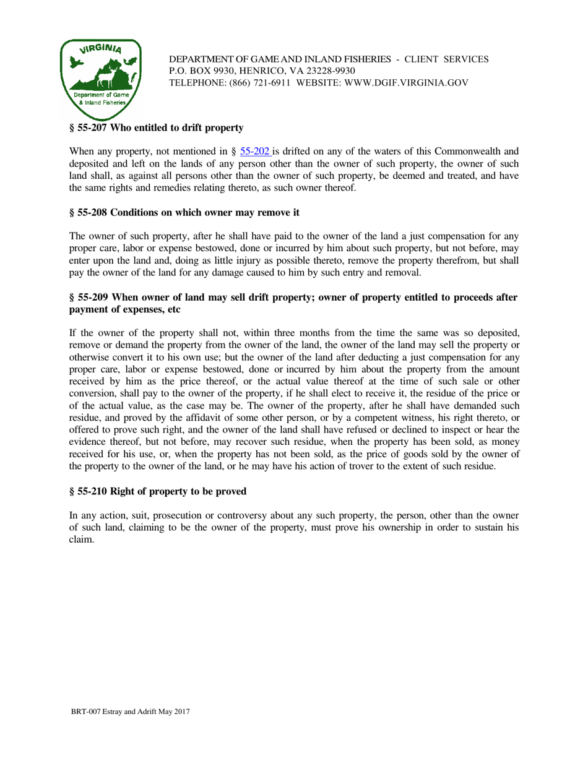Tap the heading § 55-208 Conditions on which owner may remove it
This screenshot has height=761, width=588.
pos(184,213)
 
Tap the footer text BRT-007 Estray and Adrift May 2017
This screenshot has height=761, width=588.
pos(131,712)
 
